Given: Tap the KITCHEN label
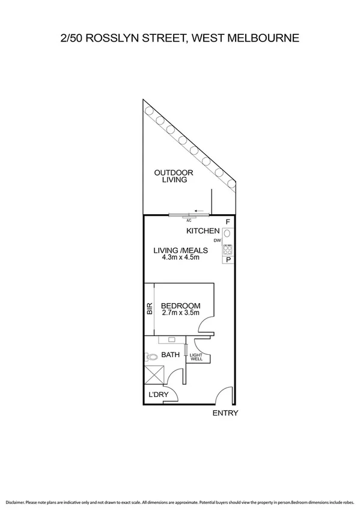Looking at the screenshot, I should tap(203, 232).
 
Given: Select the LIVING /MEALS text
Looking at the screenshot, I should tap(180, 250).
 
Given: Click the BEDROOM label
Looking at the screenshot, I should tap(180, 306).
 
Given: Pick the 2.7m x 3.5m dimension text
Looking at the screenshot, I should tap(180, 313).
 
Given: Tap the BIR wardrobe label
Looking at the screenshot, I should tap(149, 310).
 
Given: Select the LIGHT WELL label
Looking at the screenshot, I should tap(196, 357).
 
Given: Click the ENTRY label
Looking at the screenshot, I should tap(226, 413).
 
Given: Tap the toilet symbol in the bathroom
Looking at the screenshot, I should tap(152, 357).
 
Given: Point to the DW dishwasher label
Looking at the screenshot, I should tap(217, 241).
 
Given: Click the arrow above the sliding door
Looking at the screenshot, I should tap(199, 211).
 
